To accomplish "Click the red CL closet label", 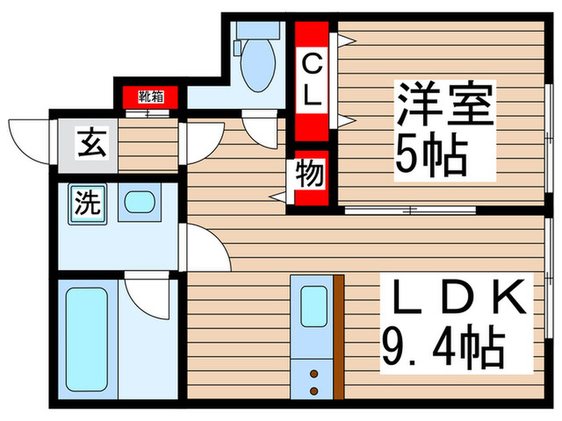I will (x=312, y=80).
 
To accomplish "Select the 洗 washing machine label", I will (x=87, y=203).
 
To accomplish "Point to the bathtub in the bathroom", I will (x=88, y=340).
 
